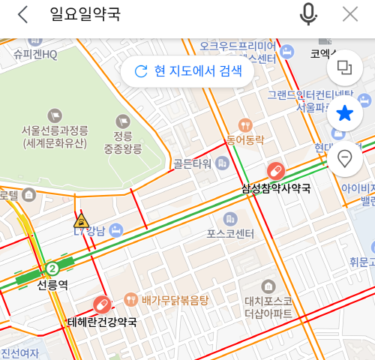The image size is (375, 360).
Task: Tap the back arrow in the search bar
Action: pos(22,14)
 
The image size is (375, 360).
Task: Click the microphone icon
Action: pos(308,14)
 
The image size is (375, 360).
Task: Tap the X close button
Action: pos(349,14)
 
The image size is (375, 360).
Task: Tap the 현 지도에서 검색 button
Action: pos(188,71)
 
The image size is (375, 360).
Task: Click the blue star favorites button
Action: pos(345,114)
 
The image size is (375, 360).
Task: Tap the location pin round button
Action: pos(345,158)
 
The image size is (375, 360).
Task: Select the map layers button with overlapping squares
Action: pos(345,68)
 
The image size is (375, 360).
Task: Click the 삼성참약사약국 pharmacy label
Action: pos(275,187)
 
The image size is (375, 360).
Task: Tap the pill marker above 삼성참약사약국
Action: pos(275,171)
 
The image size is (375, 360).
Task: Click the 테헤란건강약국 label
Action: pos(103,322)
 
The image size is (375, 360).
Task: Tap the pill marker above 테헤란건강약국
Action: pos(101,305)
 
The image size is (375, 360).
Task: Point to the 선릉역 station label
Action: pos(52,285)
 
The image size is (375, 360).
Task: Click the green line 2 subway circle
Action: pos(52,268)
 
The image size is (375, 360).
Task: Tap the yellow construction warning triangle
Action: pos(81,220)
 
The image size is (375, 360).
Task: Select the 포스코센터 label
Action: pos(230,233)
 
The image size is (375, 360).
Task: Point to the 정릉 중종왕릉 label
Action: pos(123,142)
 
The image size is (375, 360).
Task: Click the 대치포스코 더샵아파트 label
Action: pos(267,307)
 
